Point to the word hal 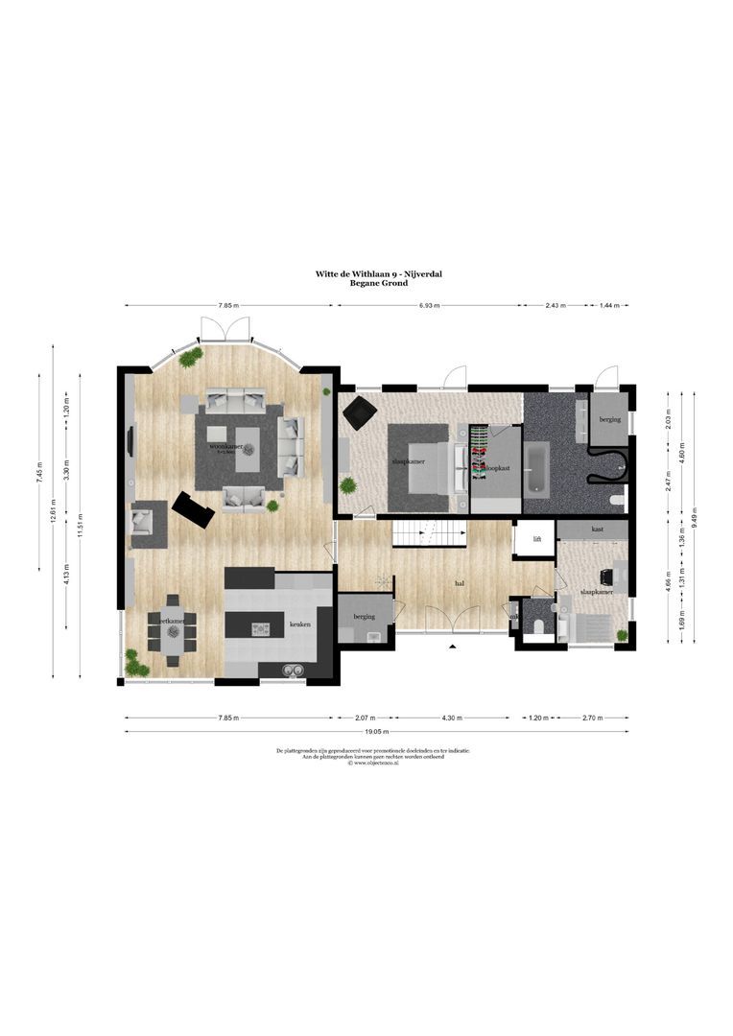(x=460, y=582)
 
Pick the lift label (x=537, y=539)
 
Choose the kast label (x=597, y=530)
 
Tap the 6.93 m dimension (x=429, y=306)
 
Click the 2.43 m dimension (x=556, y=306)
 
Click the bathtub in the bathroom (x=537, y=468)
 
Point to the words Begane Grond (x=380, y=284)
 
